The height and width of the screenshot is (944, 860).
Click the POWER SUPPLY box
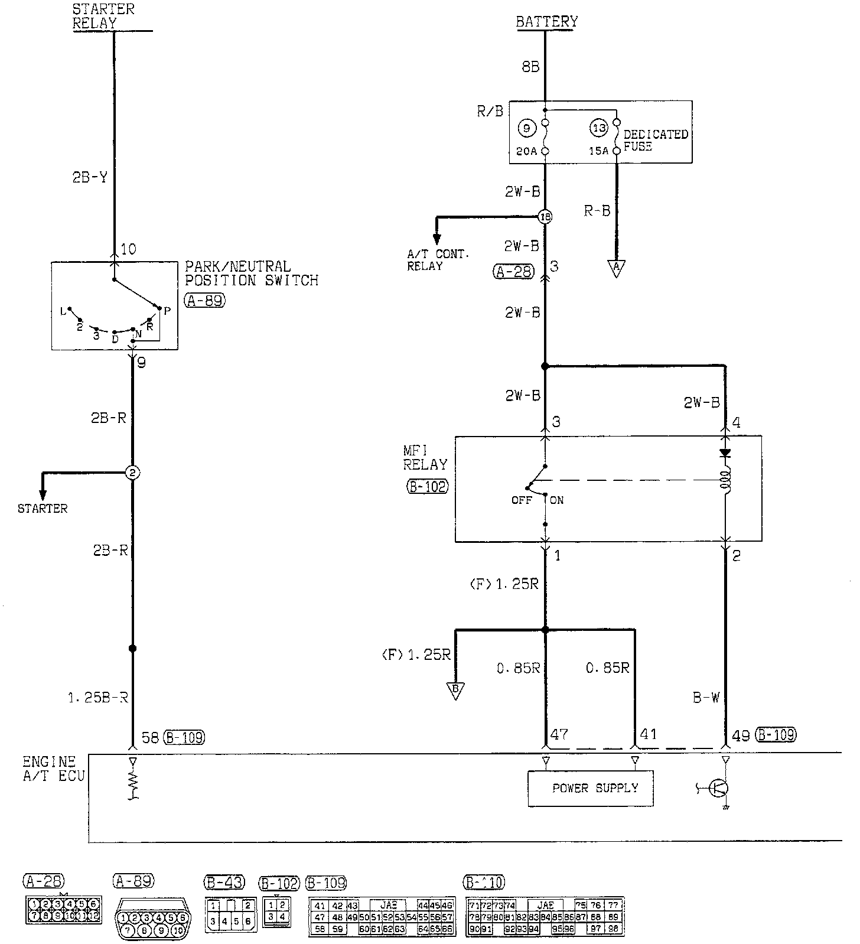[590, 788]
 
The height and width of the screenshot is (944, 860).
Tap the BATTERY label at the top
[546, 22]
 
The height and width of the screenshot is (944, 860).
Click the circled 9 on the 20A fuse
[526, 128]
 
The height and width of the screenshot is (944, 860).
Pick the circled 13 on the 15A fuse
[599, 128]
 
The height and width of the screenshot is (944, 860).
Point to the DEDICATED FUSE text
[655, 140]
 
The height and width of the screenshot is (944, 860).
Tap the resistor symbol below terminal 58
[133, 784]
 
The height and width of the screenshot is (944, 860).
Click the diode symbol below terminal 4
[725, 453]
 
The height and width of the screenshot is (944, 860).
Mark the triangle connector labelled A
[616, 269]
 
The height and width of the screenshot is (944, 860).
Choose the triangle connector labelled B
[455, 691]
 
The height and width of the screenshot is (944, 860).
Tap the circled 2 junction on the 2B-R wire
[132, 473]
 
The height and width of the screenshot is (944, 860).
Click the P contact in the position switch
[159, 308]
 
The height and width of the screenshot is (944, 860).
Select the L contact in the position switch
[70, 309]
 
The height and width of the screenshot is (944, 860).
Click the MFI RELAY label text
[425, 458]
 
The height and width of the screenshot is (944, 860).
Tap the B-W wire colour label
[706, 698]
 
